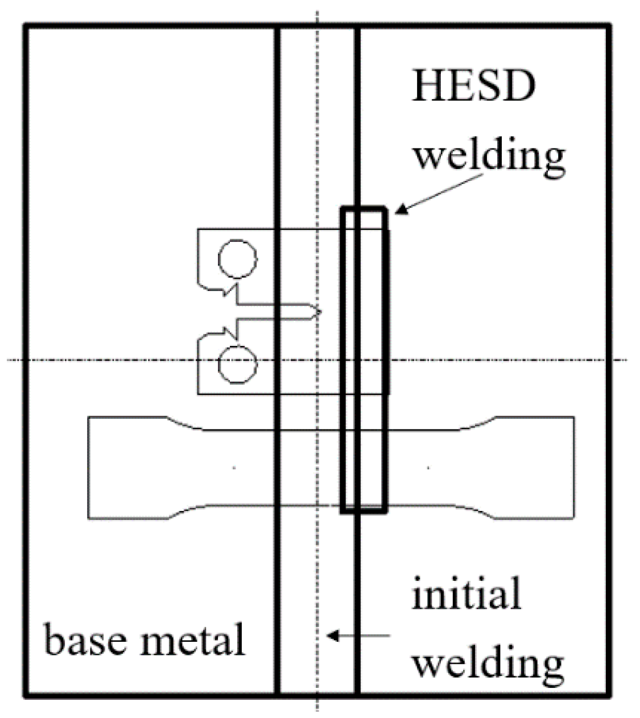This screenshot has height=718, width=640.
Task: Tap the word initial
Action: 466,594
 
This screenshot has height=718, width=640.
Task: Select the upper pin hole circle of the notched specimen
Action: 238,259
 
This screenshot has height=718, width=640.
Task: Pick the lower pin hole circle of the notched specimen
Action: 238,362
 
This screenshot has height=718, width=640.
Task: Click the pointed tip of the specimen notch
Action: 320,312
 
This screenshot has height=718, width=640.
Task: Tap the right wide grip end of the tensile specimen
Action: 535,468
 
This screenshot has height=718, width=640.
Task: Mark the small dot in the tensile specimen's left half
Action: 234,468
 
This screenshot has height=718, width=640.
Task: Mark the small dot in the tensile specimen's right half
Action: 428,468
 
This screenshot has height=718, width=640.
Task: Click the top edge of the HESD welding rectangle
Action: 364,209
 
